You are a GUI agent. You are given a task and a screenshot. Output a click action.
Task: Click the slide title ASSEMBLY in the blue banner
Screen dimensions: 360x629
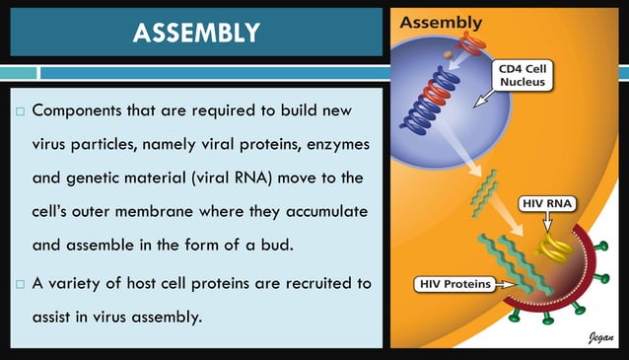point(197,34)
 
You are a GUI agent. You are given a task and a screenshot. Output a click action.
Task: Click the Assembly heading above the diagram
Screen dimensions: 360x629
point(441,22)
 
